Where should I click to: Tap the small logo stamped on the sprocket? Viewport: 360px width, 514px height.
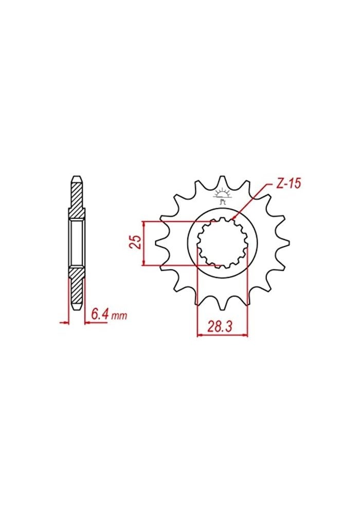[223, 197]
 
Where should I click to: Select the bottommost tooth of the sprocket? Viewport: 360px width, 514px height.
[222, 305]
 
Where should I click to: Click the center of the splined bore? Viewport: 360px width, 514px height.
[223, 243]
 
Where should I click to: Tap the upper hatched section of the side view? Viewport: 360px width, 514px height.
[76, 198]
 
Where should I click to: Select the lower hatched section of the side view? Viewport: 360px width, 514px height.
[76, 288]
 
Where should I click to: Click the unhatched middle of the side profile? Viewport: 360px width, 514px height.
[76, 243]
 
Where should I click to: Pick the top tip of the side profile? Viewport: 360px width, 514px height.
[76, 177]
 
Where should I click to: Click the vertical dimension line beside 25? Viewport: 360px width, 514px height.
[145, 243]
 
